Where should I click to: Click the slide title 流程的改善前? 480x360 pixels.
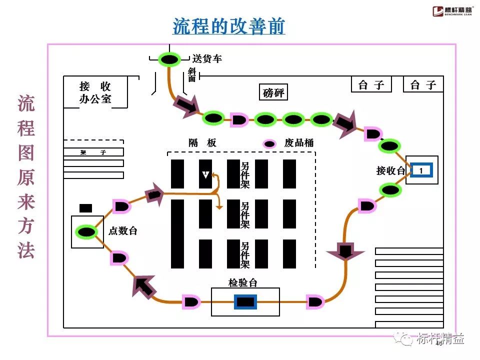(x=228, y=25)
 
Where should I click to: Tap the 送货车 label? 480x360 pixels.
(x=207, y=59)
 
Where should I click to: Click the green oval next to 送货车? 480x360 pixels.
(x=169, y=60)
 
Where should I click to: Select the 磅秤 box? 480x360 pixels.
(x=273, y=93)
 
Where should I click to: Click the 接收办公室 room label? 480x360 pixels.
(x=95, y=92)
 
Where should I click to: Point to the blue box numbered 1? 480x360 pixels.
(x=421, y=170)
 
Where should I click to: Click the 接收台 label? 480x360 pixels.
(x=390, y=171)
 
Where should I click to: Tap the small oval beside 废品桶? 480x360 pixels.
(x=270, y=144)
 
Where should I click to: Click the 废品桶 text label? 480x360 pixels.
(x=298, y=143)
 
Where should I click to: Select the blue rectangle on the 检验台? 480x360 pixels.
(x=245, y=301)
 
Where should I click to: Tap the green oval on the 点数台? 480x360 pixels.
(x=86, y=231)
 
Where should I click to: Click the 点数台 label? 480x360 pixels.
(x=122, y=231)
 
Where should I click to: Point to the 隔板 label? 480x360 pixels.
(x=202, y=143)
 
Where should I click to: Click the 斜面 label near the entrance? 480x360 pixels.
(x=192, y=75)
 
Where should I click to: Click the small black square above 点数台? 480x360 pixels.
(x=86, y=208)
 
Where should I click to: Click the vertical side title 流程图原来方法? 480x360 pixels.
(x=26, y=177)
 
